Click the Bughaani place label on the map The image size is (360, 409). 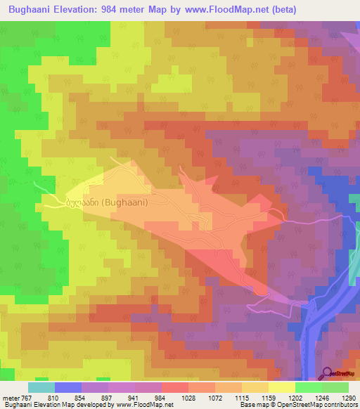[x=105, y=202]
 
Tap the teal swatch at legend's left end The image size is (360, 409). [x=41, y=387]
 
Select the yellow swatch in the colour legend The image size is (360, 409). [x=282, y=387]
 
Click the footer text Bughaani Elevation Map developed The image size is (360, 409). [x=56, y=405]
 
